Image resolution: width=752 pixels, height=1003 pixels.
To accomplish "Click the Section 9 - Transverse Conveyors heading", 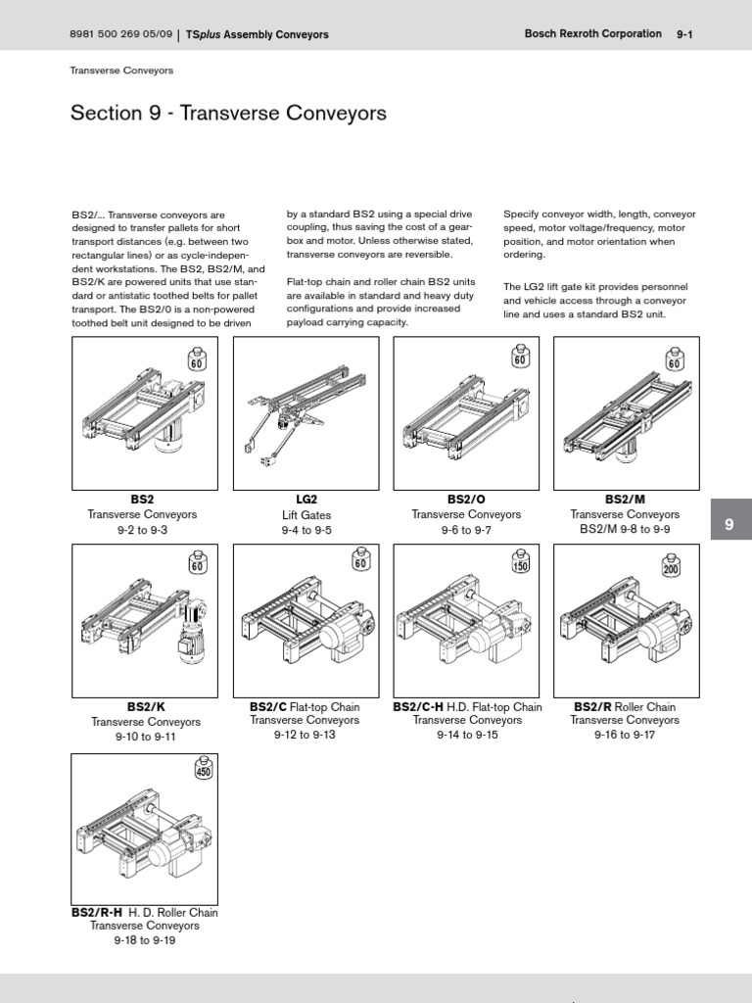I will point(228,114).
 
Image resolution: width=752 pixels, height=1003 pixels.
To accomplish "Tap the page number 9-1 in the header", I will point(684,34).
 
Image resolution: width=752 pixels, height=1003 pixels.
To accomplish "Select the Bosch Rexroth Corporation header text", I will point(593,34).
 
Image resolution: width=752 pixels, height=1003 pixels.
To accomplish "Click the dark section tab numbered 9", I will point(728,525).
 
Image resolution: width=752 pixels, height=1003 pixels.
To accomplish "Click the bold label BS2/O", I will point(466,500).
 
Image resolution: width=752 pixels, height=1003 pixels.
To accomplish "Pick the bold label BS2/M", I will point(625,500).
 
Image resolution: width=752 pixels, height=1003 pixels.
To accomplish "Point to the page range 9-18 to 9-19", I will point(144,940).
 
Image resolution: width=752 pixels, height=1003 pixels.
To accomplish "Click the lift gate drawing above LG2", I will point(304,411).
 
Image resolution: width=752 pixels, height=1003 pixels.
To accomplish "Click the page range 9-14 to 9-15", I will point(467,735).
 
